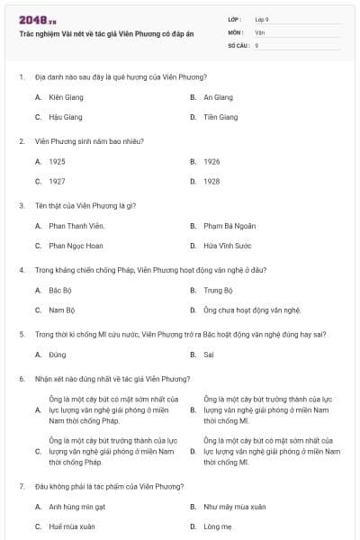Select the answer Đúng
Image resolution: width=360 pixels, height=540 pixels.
coord(58,355)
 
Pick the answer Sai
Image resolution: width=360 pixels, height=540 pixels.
coord(209,355)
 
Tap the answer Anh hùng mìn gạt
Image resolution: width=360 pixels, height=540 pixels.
coord(77,507)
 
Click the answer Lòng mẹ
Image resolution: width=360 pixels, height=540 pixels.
coord(218,526)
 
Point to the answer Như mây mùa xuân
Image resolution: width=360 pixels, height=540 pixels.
coord(234,507)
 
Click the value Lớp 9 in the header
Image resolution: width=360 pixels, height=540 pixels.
coord(262,18)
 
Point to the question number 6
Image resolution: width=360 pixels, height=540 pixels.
coord(21,379)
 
